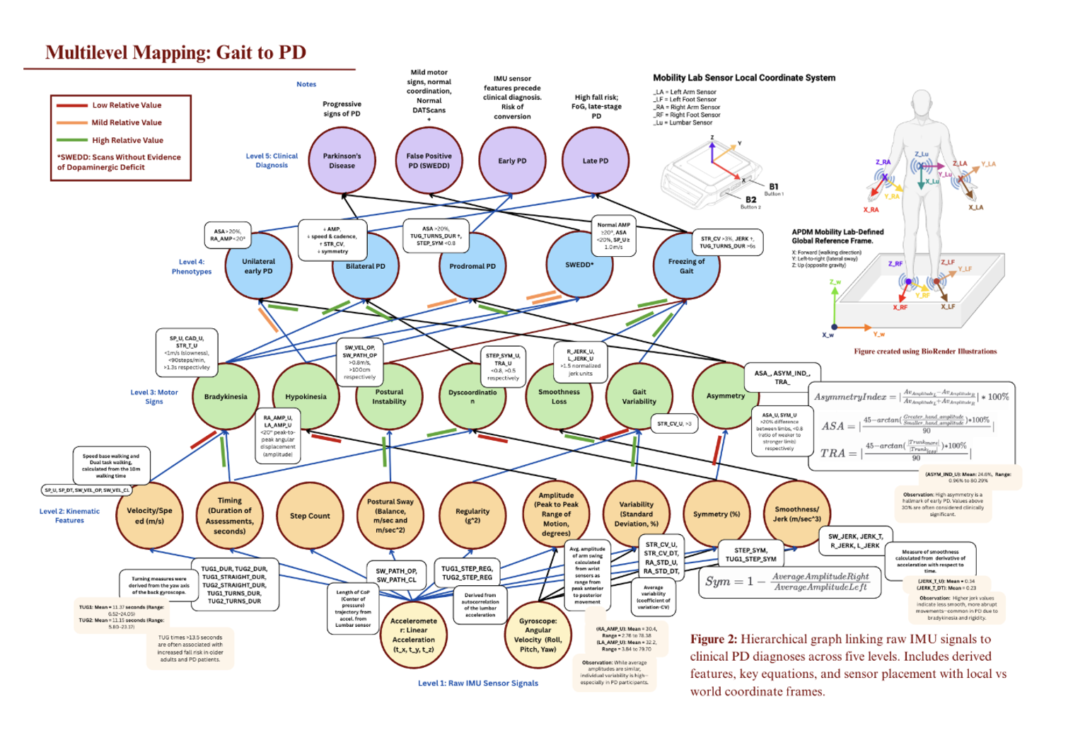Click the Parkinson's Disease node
[342, 161]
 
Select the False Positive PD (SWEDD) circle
[429, 161]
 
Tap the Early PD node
[512, 161]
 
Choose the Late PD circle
[595, 161]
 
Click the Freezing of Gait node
[686, 266]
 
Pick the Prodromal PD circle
[472, 266]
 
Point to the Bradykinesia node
[226, 396]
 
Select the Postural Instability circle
[389, 396]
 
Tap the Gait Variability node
[639, 396]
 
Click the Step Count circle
[310, 516]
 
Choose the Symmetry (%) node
[716, 514]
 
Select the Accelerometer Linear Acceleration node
[414, 635]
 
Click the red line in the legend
[72, 105]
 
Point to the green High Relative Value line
[72, 140]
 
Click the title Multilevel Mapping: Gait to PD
[175, 52]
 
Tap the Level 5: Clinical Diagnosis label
[272, 161]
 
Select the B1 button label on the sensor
[773, 187]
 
